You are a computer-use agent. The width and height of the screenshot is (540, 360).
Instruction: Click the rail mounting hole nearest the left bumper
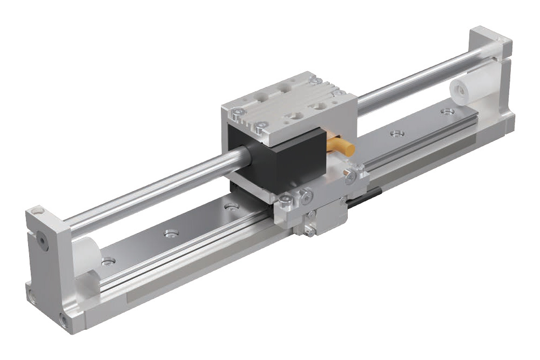tap(108, 262)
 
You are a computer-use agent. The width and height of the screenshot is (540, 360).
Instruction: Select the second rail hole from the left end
tap(171, 233)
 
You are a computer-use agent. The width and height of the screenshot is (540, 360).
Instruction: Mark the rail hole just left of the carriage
tap(231, 207)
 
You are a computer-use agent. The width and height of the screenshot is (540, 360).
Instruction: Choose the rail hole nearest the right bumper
tap(447, 112)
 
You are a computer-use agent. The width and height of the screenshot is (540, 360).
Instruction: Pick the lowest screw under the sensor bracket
tap(309, 232)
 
